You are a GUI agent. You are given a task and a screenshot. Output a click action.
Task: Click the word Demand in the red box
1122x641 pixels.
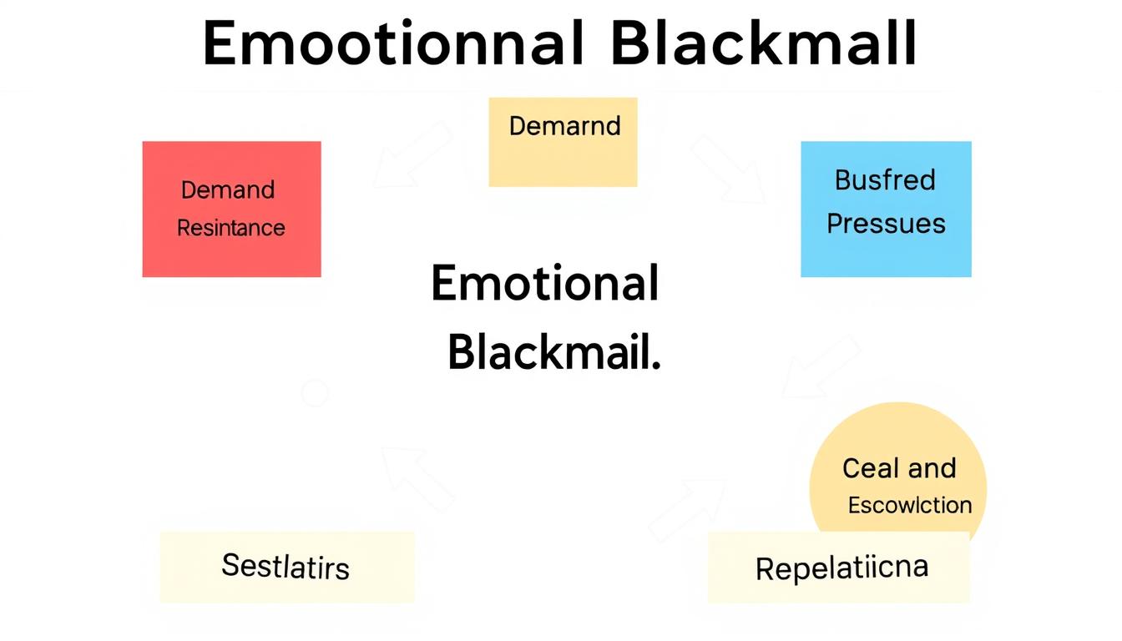tap(227, 190)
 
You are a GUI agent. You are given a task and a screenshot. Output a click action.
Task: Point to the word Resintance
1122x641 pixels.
tap(230, 228)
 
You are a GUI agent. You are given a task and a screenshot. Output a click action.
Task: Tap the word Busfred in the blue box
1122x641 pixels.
tap(885, 180)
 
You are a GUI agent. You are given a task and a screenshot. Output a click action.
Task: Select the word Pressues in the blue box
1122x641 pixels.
tap(886, 224)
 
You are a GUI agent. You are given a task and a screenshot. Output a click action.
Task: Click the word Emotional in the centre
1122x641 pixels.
tap(545, 284)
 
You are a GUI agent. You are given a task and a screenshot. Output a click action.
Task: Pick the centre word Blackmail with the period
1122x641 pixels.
tap(554, 354)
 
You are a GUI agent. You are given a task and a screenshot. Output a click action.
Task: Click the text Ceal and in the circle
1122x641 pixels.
tap(899, 468)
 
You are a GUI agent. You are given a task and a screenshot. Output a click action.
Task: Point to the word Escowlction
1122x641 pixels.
tap(909, 505)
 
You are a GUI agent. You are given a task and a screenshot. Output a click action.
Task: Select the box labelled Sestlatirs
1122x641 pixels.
tap(286, 567)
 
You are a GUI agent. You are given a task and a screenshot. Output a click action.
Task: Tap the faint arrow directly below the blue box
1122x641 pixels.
tap(822, 367)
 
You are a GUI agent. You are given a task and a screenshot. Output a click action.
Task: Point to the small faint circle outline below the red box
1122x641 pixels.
tap(314, 392)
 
